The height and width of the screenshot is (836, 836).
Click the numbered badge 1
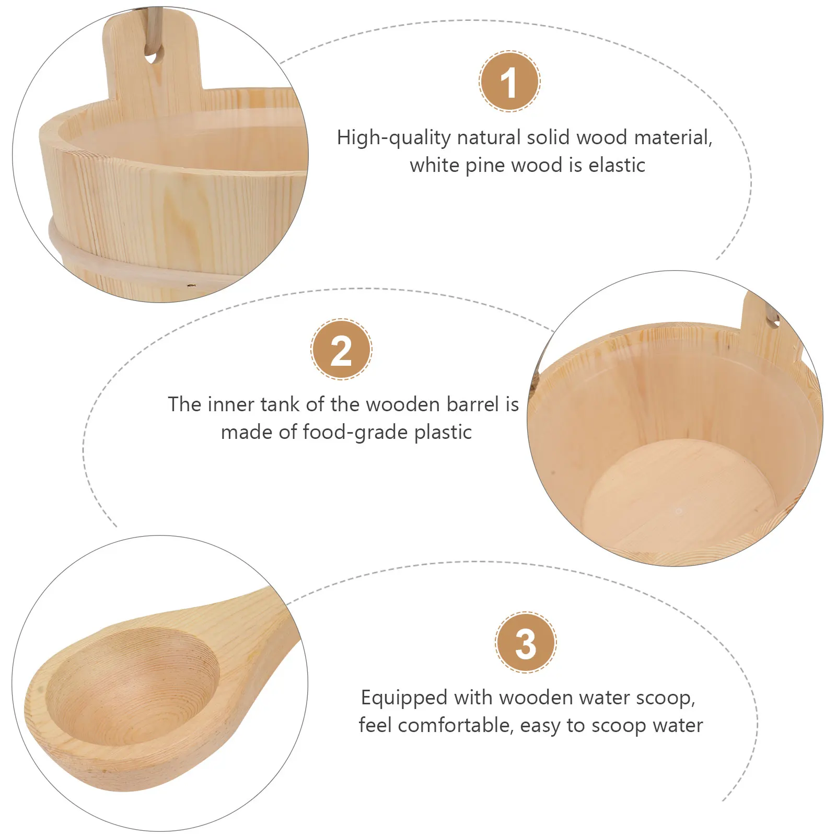click(509, 82)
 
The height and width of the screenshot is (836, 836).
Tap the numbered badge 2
click(341, 350)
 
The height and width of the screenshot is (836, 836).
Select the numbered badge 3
click(526, 643)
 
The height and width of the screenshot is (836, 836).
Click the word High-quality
click(393, 138)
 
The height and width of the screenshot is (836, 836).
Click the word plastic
click(443, 433)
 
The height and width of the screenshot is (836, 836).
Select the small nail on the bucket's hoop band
click(191, 286)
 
